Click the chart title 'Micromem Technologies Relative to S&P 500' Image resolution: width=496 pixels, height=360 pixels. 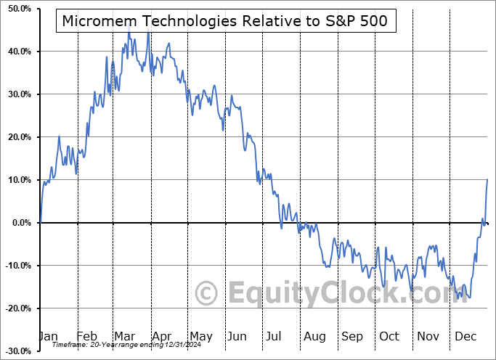point(226,21)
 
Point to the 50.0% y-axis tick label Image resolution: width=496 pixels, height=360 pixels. point(16,9)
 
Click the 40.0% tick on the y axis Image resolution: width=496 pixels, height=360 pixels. point(16,52)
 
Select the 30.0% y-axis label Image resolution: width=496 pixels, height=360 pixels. point(16,94)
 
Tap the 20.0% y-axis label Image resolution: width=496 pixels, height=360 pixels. point(16,137)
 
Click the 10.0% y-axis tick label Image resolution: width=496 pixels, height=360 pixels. point(16,180)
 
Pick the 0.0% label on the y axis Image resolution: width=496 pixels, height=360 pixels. point(18,223)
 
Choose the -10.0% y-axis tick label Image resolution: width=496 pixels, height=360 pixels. point(15,266)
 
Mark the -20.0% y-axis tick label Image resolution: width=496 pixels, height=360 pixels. point(15,308)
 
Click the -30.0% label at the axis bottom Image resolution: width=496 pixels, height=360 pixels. point(15,351)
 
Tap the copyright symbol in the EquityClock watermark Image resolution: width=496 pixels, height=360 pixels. point(208,294)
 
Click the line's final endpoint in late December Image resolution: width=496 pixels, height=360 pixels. point(487,179)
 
